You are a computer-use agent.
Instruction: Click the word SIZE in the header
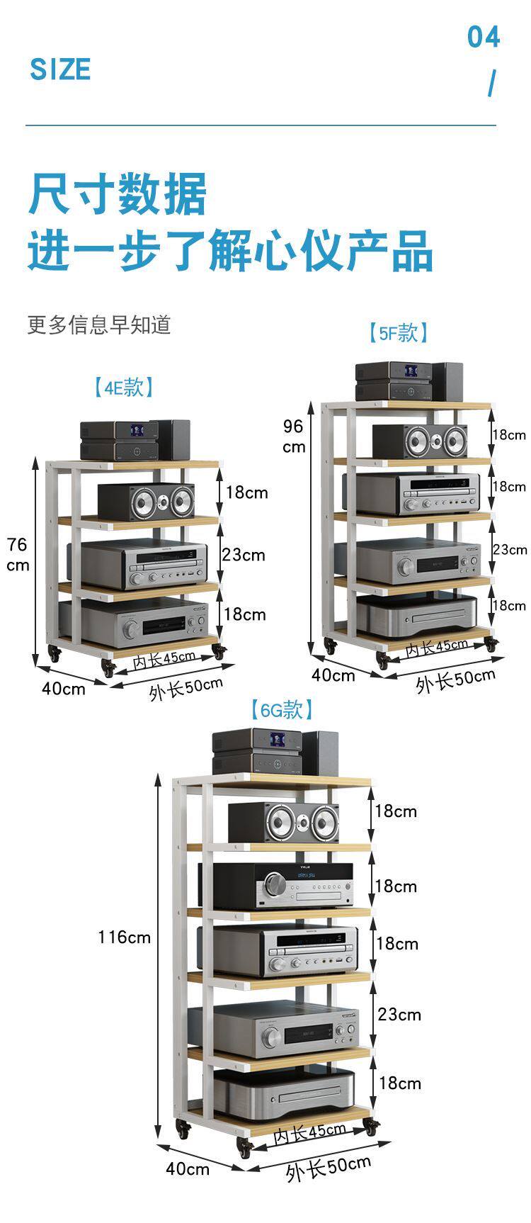(x=60, y=69)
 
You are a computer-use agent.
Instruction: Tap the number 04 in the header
(x=484, y=37)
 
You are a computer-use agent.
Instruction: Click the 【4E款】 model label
(x=124, y=387)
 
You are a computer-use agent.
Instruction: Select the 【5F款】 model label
(x=398, y=332)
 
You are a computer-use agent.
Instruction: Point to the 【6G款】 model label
(x=281, y=709)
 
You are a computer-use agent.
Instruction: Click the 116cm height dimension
(x=125, y=937)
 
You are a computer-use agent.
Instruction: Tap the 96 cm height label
(x=294, y=436)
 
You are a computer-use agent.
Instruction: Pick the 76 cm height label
(x=18, y=554)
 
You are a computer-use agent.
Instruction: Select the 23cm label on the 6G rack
(x=399, y=1015)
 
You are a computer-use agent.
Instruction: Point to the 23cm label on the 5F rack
(x=510, y=549)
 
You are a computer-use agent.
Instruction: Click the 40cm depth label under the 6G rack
(x=188, y=1168)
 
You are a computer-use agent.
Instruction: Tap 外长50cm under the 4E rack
(x=185, y=688)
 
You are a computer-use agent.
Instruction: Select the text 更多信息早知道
(x=99, y=325)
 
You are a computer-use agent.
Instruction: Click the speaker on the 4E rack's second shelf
(x=146, y=501)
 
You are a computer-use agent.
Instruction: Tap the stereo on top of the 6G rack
(x=275, y=751)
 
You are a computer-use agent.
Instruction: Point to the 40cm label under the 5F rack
(x=333, y=675)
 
